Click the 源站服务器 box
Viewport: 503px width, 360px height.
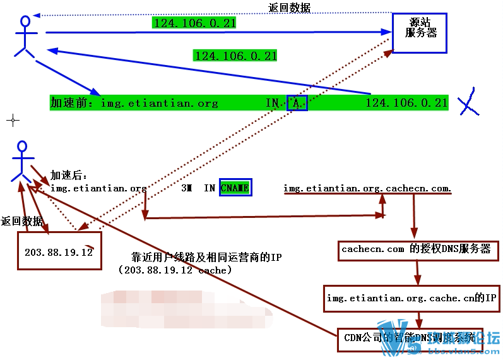tap(420, 32)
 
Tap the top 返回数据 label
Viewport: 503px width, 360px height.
tap(289, 8)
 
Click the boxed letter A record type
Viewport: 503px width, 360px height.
tap(297, 103)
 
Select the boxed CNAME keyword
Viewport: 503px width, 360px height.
tap(235, 188)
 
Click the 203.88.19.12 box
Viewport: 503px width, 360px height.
tap(59, 252)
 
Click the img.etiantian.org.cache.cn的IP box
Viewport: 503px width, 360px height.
tap(413, 297)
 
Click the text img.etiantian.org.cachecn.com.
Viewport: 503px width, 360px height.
tap(367, 188)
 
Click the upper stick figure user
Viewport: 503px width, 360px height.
tap(25, 37)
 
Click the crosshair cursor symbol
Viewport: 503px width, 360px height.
tap(12, 120)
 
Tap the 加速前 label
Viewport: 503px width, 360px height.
tap(72, 103)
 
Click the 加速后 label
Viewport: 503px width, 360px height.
tap(69, 175)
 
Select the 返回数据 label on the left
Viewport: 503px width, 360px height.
tap(22, 221)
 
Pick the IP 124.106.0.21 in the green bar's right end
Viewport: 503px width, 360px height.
tap(406, 103)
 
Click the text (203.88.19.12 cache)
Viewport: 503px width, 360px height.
tap(175, 270)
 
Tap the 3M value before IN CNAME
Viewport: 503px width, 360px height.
tap(186, 188)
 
